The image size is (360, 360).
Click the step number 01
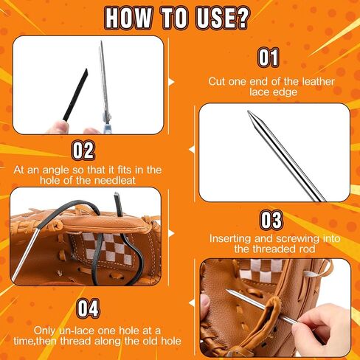(269, 57)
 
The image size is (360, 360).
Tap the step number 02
(83, 150)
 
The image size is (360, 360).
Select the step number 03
(271, 220)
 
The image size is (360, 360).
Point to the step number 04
(89, 308)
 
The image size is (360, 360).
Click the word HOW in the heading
(129, 18)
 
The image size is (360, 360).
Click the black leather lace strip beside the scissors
(76, 94)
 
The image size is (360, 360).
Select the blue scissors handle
(107, 125)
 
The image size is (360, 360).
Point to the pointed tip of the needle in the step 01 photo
(249, 112)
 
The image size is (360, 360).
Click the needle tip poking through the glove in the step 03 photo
(228, 291)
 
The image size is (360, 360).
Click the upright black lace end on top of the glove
(117, 204)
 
